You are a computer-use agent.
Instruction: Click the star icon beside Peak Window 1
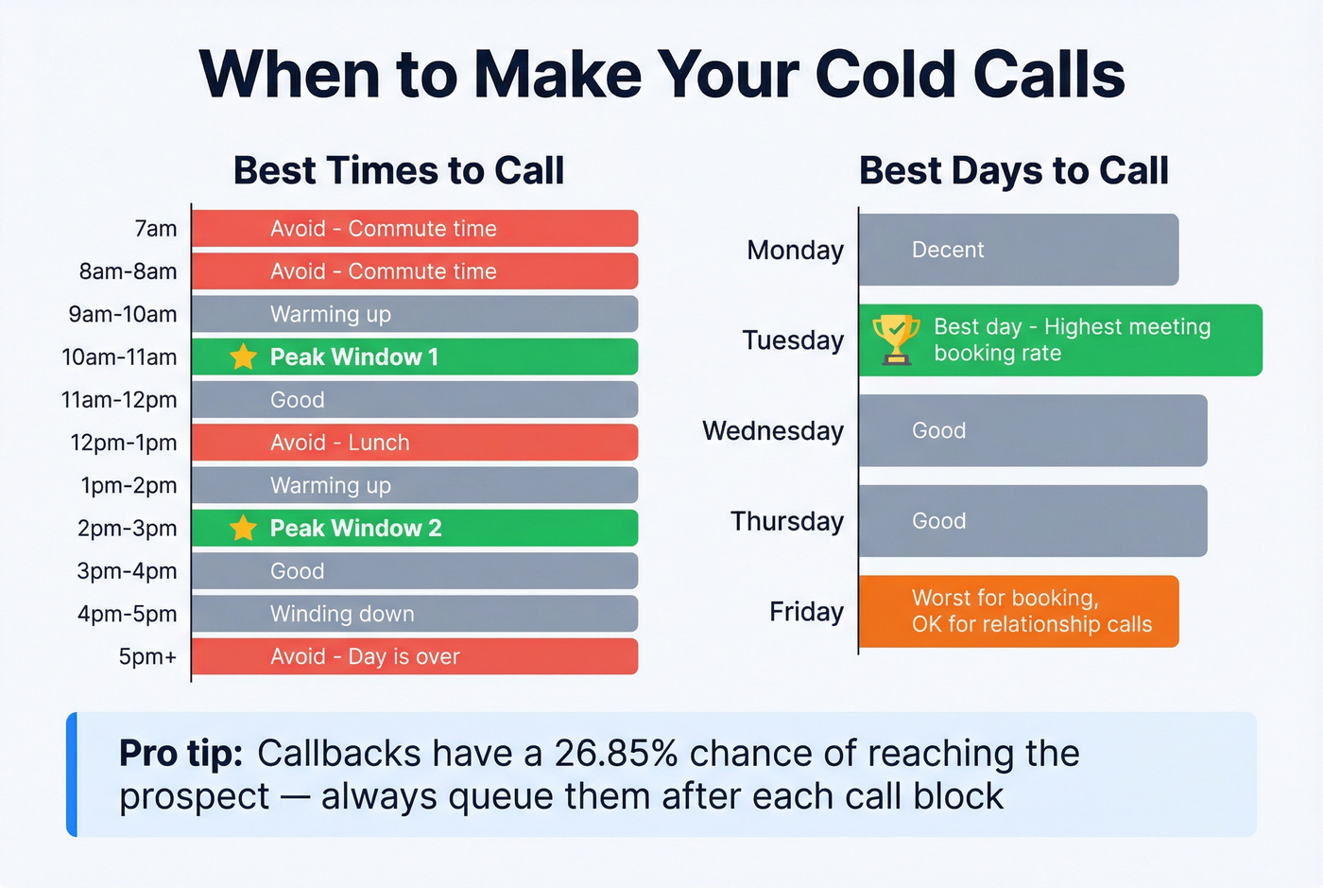243,357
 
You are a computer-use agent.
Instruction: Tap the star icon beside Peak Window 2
243,528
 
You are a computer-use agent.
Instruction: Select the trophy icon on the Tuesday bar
895,340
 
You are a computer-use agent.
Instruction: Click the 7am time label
155,229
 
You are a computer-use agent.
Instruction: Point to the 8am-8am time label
128,271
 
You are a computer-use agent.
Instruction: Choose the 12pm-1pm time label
123,443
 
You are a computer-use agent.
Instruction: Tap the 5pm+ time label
147,656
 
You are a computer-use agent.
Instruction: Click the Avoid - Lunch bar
414,443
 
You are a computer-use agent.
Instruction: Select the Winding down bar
414,614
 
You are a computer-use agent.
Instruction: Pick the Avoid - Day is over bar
414,656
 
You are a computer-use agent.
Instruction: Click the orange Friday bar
1018,611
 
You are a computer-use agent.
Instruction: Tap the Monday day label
795,250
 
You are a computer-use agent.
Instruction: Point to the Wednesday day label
772,430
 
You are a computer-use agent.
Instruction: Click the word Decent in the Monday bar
947,250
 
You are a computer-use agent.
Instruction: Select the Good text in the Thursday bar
938,521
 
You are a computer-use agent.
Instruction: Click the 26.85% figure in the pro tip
615,754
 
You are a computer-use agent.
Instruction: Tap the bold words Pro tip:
180,754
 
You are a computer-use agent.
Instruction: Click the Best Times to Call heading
398,171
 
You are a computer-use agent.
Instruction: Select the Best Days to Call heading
1013,171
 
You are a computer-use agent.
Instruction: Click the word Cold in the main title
885,74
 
